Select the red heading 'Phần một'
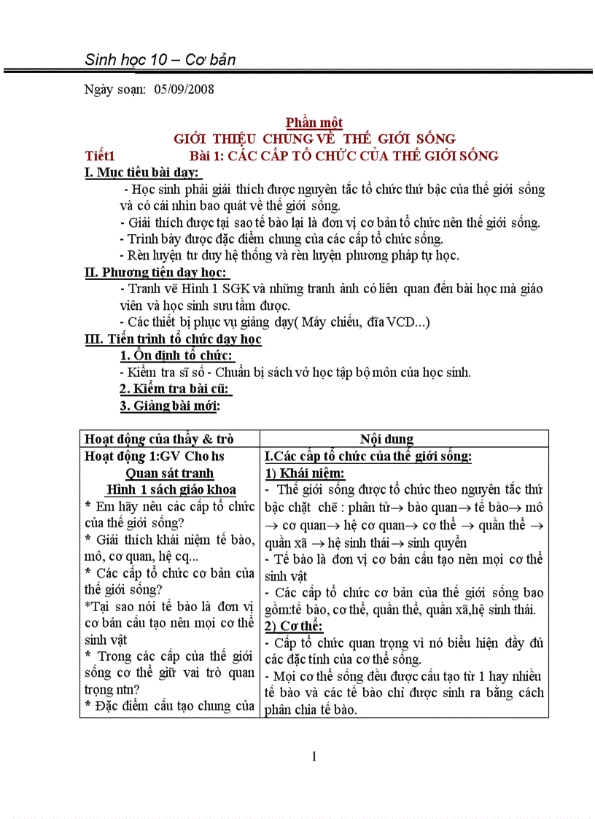(314, 123)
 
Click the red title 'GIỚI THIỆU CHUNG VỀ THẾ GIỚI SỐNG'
(314, 139)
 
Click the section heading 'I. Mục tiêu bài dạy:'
(142, 172)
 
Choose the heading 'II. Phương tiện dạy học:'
(157, 272)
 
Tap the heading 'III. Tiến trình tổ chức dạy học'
(173, 339)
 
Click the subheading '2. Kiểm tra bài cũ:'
(175, 389)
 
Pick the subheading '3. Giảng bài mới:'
(170, 405)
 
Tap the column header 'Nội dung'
(386, 439)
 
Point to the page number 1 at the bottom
(314, 756)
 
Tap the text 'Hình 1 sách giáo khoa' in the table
(171, 489)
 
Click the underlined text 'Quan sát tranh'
(170, 473)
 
